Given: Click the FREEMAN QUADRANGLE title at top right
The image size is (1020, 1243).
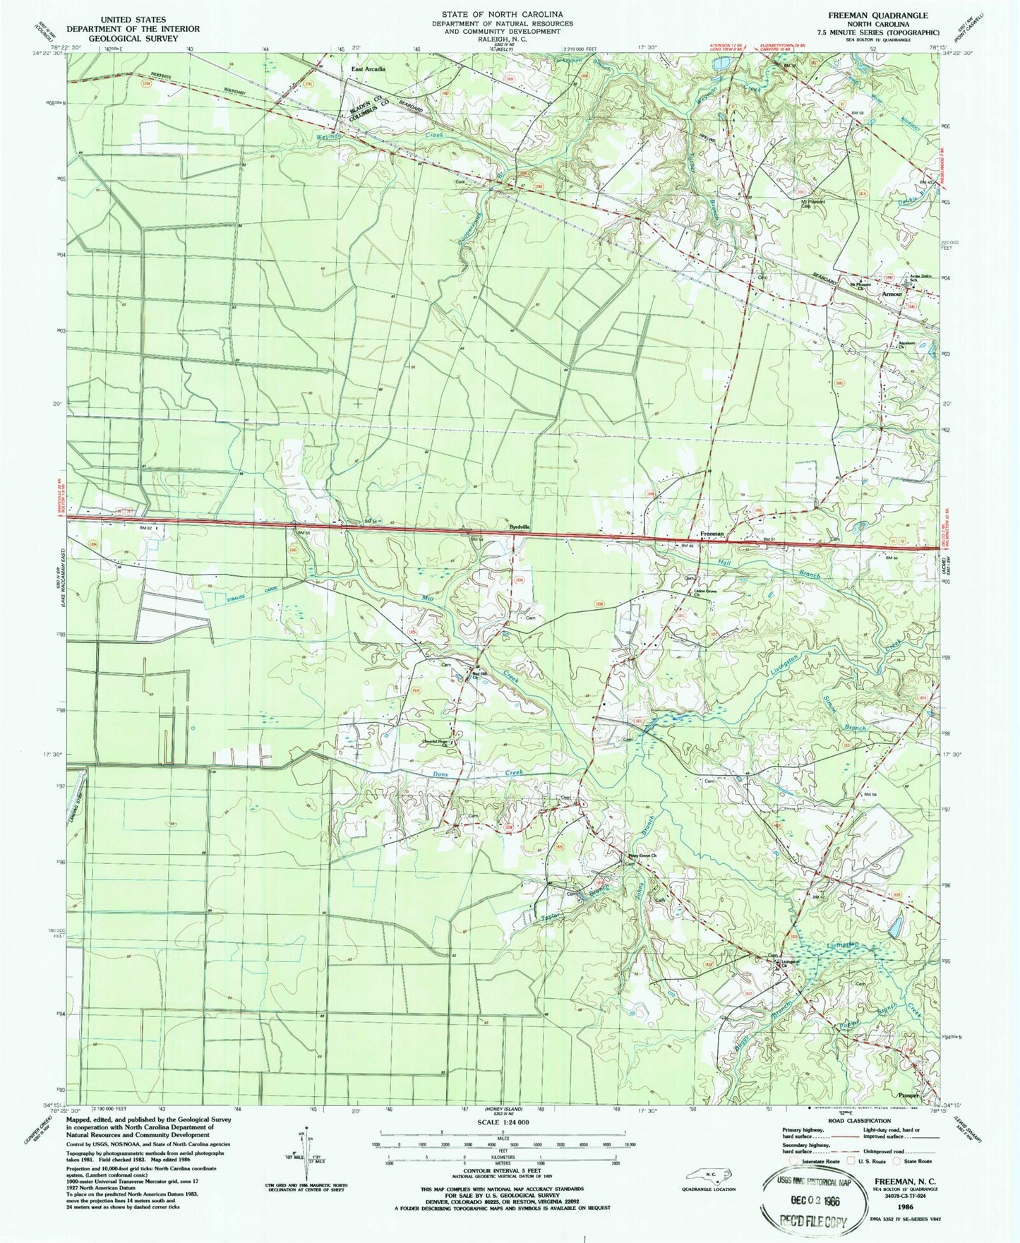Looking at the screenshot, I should [889, 15].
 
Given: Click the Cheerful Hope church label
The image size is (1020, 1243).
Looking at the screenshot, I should [436, 741].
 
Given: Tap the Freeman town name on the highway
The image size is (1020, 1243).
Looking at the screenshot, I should [712, 534].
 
